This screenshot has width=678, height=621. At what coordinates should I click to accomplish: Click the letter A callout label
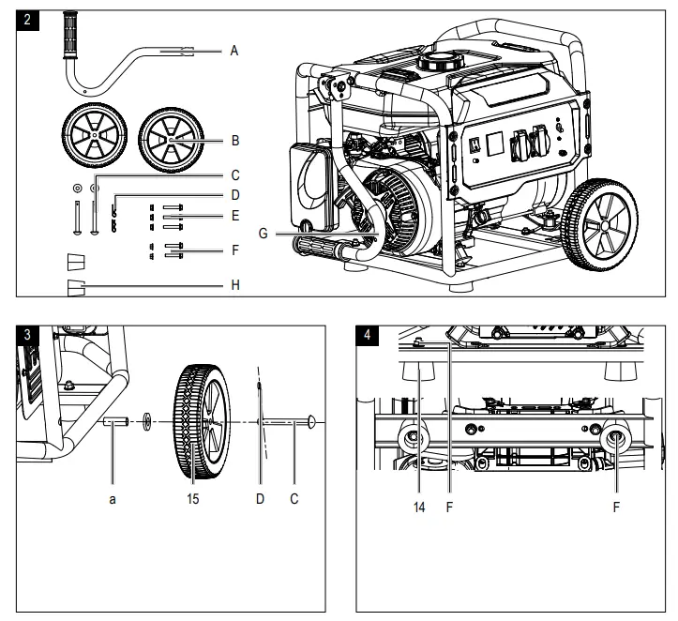pos(234,53)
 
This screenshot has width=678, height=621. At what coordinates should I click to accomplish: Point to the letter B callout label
pos(235,140)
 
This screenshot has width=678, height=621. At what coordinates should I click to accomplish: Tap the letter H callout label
pos(235,284)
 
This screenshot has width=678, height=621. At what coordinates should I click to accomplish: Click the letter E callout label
pos(235,215)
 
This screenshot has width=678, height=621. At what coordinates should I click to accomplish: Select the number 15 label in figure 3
pos(193,500)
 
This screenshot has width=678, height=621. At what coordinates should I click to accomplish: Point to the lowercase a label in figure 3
pos(113,500)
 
